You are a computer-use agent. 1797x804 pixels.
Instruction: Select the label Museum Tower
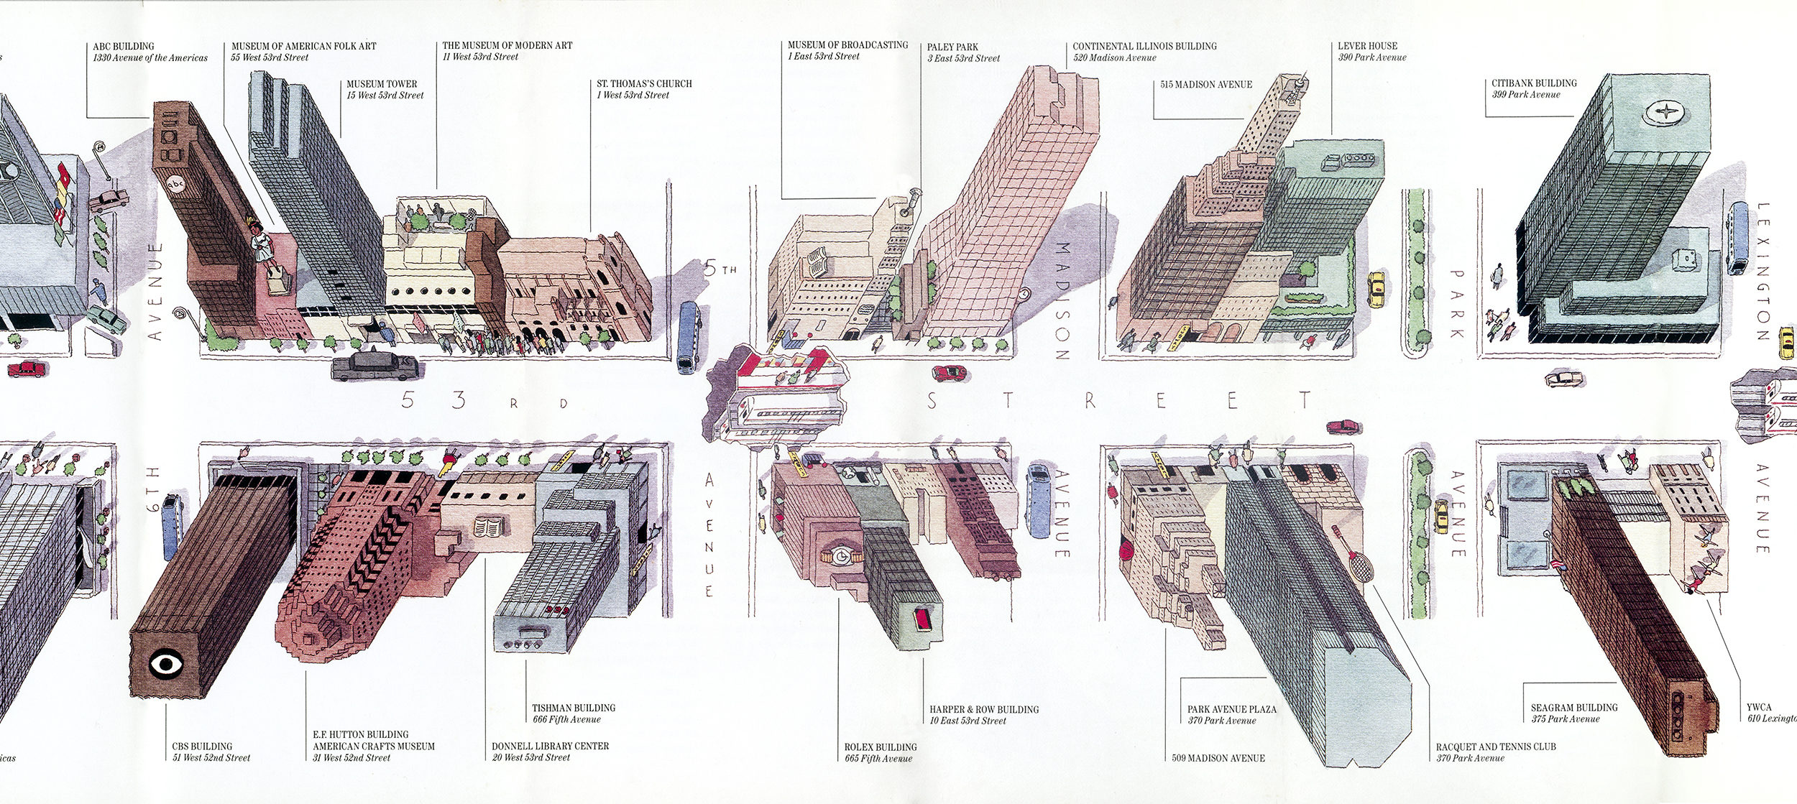[382, 89]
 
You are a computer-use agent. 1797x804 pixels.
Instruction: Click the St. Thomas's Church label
[644, 89]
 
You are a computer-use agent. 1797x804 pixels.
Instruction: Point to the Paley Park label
[962, 52]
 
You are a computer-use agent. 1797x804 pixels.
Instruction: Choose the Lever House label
[1371, 51]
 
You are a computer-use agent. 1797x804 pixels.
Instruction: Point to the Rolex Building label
[881, 752]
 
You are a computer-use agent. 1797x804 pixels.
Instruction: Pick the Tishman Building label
[574, 713]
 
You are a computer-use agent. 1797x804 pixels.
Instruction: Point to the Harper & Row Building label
[983, 714]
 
